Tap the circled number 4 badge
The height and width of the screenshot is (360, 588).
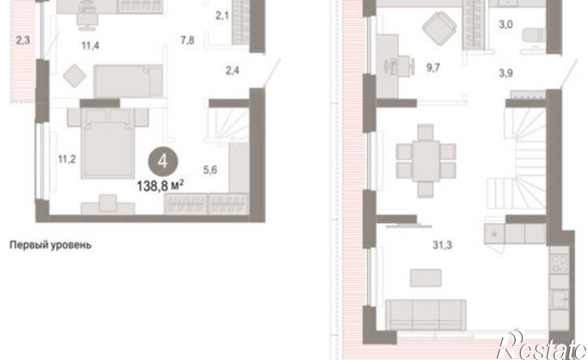click(163, 161)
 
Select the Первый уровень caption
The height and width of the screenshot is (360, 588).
click(50, 245)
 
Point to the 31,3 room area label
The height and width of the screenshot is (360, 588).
click(442, 245)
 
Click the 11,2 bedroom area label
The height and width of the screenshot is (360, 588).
click(67, 160)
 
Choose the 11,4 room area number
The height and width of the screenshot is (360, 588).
click(90, 45)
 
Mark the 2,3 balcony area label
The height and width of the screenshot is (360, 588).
click(23, 40)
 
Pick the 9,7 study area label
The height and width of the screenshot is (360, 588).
click(433, 68)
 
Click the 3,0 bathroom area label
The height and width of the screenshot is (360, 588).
click(505, 25)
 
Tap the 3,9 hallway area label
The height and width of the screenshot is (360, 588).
click(505, 73)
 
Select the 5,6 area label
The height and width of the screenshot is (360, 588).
click(210, 170)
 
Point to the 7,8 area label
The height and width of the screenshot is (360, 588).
click(187, 40)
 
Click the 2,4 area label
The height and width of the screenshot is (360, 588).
click(232, 71)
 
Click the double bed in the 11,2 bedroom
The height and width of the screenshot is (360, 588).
click(108, 144)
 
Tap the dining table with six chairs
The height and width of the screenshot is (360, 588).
click(426, 161)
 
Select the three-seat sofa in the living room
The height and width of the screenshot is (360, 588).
click(426, 315)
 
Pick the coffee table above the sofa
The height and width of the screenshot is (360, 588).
click(426, 278)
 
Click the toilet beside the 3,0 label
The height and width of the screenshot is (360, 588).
click(534, 36)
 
